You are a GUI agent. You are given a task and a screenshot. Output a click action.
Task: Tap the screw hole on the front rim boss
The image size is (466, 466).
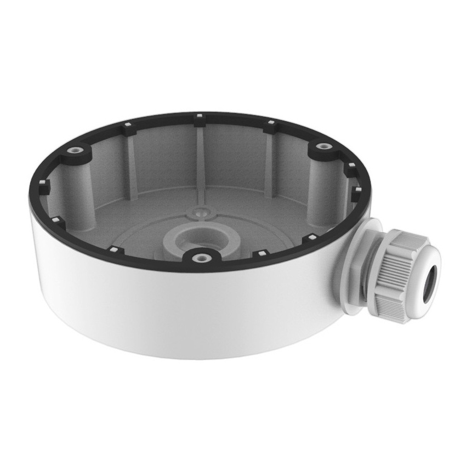pos(202,256)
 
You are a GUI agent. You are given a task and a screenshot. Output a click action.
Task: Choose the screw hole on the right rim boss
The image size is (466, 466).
pos(325,146)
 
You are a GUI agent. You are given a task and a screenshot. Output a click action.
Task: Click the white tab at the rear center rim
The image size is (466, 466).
pos(199,117)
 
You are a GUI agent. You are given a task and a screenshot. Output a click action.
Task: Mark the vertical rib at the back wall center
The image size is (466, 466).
pos(200,159)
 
